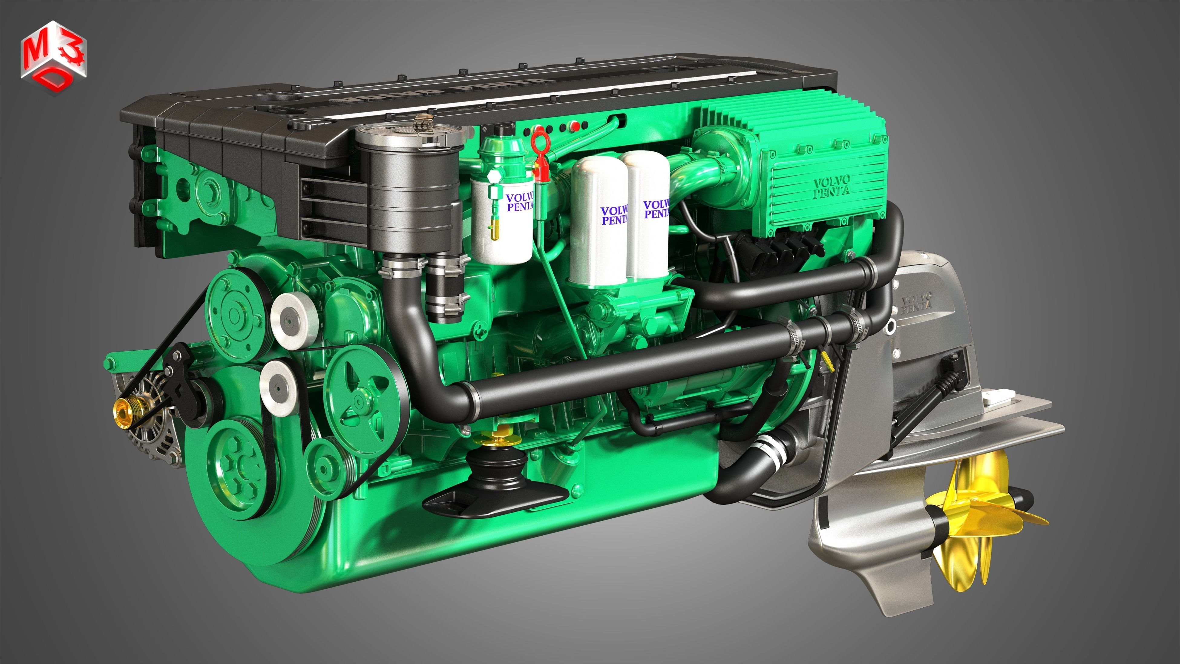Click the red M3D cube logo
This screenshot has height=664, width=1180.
tap(53, 58)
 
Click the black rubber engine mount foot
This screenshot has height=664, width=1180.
tap(495, 490)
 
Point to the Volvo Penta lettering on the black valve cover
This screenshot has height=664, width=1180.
tap(440, 92)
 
